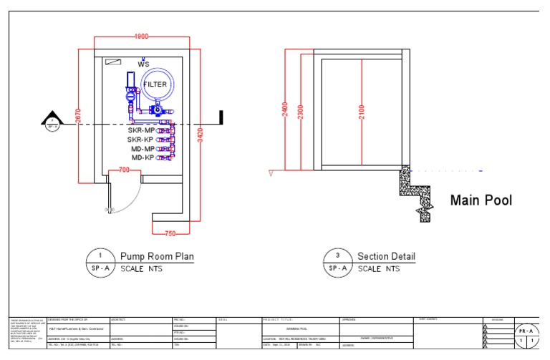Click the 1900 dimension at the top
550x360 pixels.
[140, 37]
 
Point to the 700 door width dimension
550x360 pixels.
[124, 170]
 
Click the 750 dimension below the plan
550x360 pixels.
[170, 234]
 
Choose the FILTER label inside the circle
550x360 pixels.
[155, 84]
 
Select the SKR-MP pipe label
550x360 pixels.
[141, 131]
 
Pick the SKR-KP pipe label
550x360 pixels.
[141, 140]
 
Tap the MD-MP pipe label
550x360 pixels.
[142, 148]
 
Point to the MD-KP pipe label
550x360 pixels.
[142, 157]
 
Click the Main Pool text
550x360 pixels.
[481, 200]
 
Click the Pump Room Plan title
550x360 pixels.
[156, 256]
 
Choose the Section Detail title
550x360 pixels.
[386, 256]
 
